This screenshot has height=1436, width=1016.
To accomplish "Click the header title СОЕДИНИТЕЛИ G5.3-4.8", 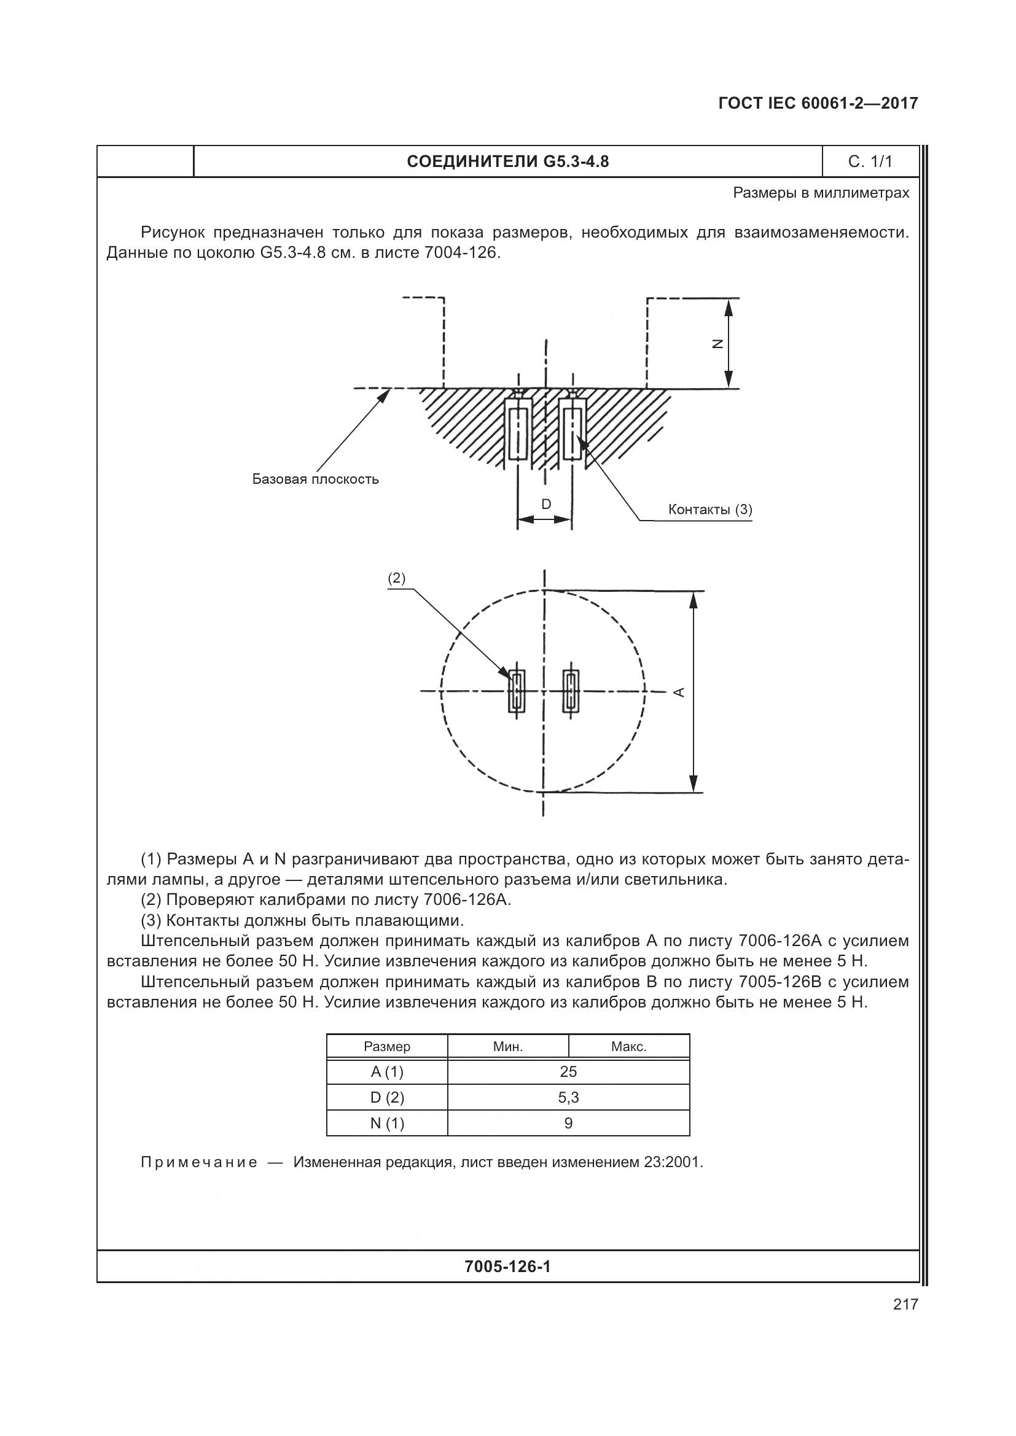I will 507,162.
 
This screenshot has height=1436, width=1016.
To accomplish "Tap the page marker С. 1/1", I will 870,162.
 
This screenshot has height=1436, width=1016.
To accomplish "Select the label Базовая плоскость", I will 315,479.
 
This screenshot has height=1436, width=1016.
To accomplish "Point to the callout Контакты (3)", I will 710,509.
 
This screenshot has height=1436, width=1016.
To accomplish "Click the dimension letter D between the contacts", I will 546,504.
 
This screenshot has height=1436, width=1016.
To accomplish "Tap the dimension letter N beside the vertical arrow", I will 718,343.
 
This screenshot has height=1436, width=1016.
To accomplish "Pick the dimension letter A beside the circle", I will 679,692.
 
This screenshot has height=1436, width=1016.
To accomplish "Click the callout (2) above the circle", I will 397,578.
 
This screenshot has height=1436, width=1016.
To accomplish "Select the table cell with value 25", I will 568,1072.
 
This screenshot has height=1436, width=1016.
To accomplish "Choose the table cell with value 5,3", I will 568,1098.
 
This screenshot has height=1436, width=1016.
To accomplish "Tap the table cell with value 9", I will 568,1124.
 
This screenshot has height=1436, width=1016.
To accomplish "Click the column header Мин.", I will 508,1046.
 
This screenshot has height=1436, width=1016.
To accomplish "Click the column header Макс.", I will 629,1046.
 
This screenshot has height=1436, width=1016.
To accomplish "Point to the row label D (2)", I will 387,1098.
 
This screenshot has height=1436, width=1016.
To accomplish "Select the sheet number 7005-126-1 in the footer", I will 507,1267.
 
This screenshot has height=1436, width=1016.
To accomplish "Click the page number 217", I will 905,1305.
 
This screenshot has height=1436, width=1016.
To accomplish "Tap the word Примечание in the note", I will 199,1163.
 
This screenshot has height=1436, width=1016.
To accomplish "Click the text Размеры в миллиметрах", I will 821,193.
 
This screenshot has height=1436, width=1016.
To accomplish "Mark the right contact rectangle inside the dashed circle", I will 571,691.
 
